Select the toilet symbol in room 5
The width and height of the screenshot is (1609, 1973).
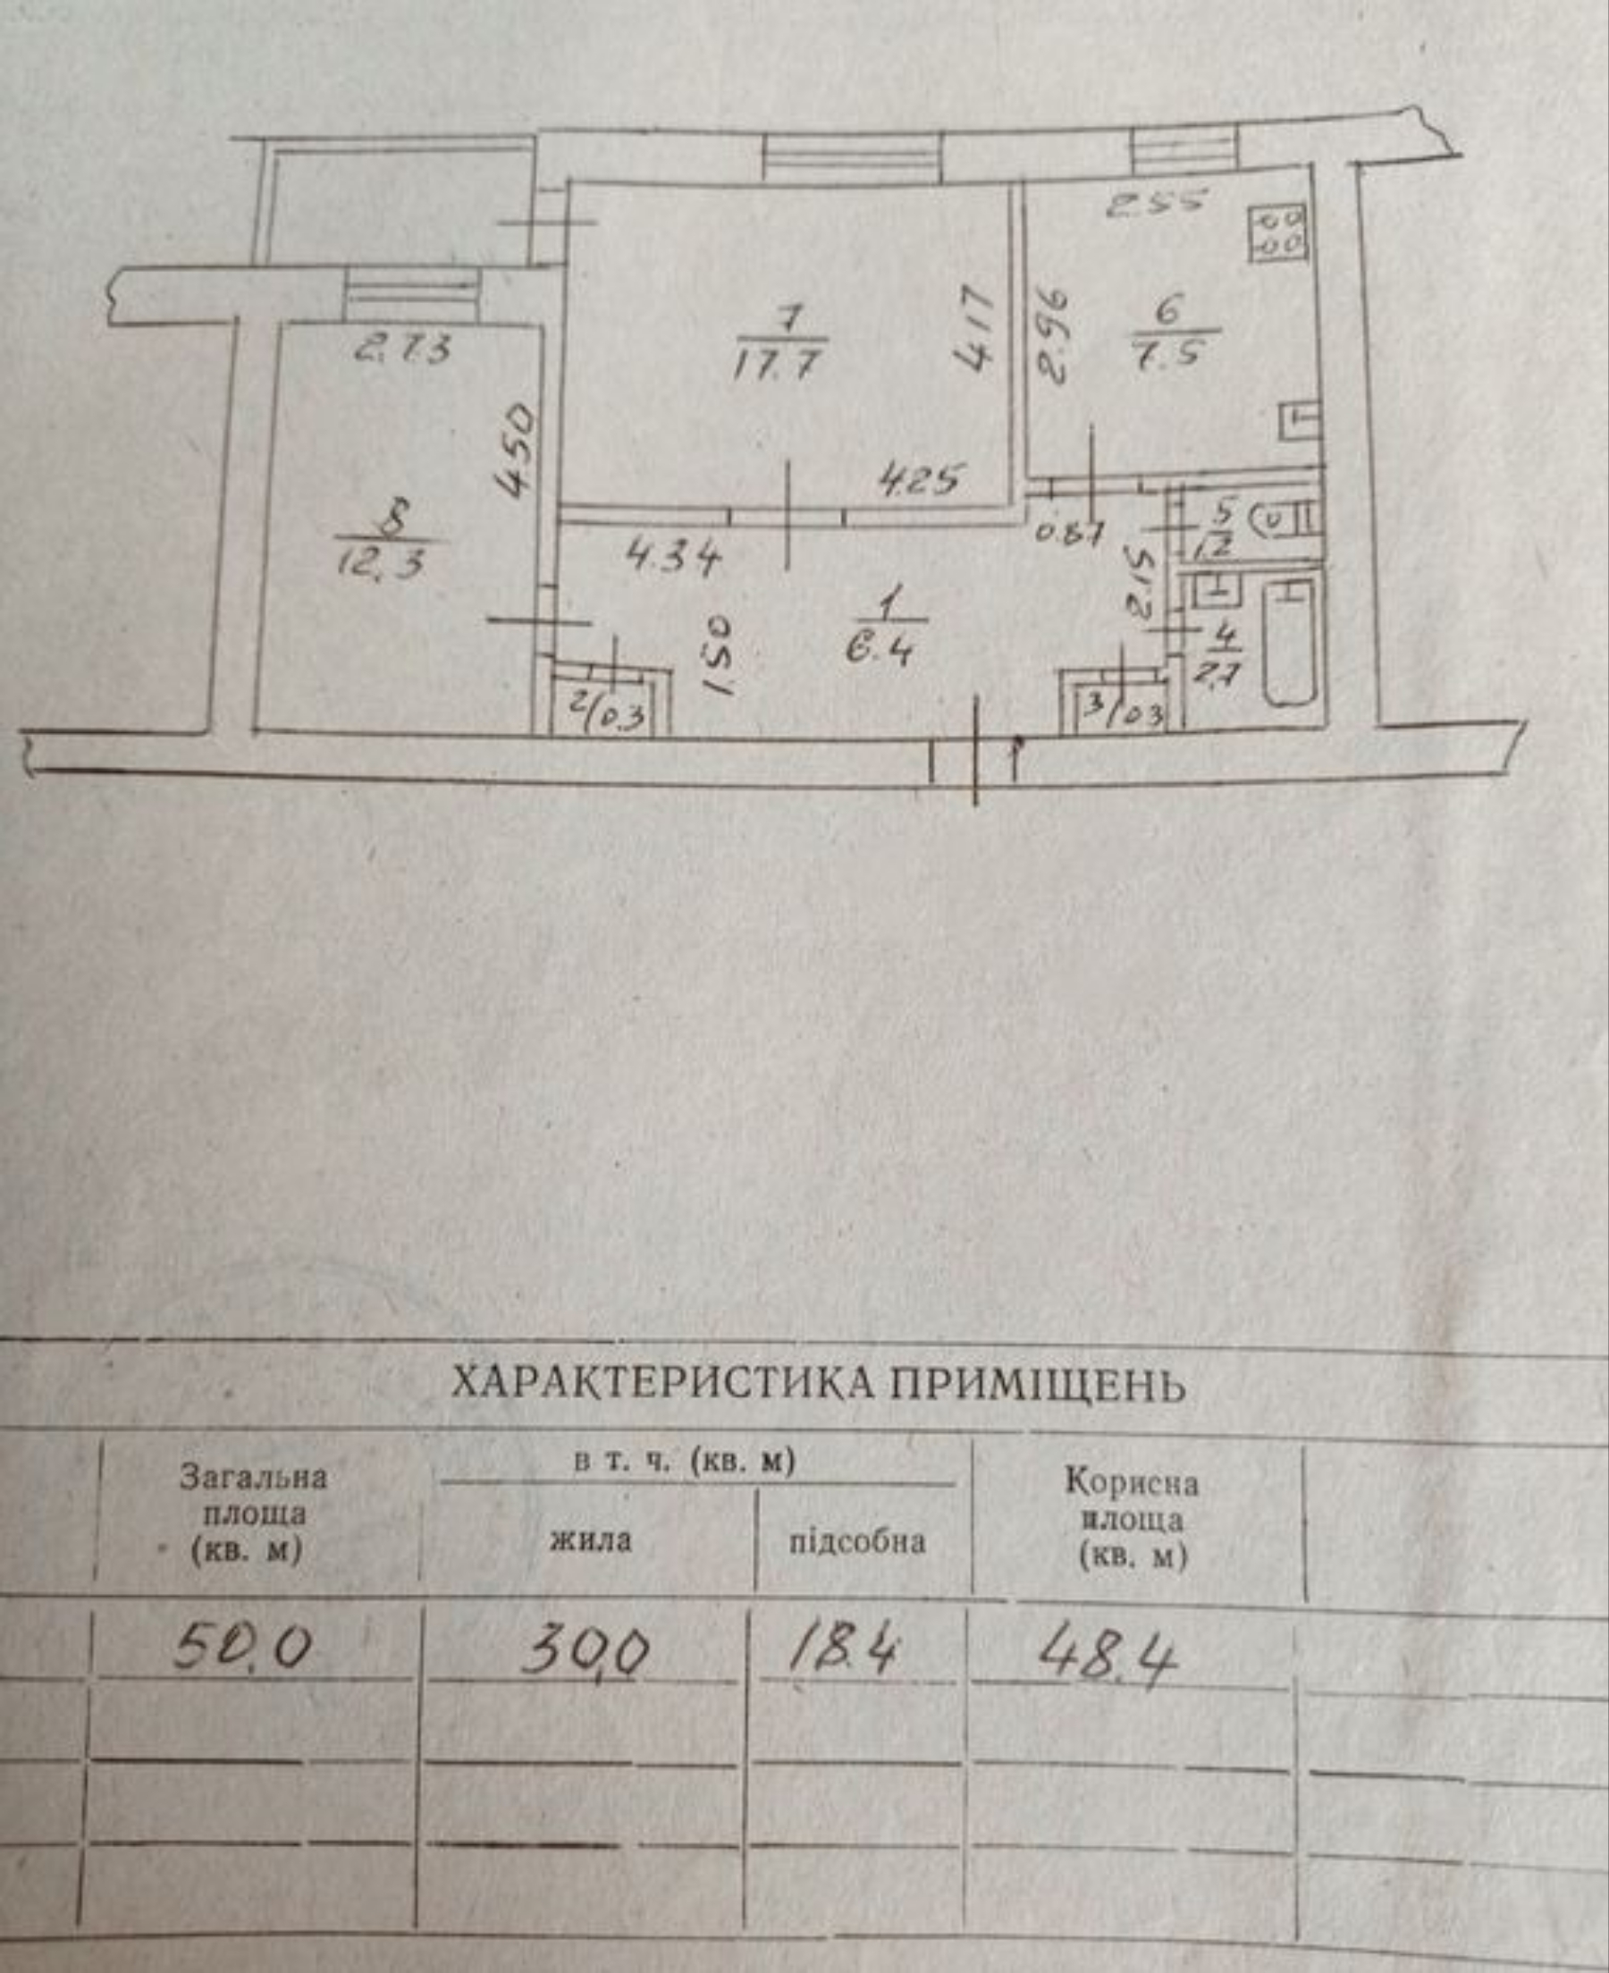click(x=1283, y=521)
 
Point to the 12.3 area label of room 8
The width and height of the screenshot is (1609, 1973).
click(x=383, y=561)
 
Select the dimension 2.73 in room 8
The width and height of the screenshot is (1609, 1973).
click(x=403, y=350)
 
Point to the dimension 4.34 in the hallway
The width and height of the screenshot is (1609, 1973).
click(x=673, y=560)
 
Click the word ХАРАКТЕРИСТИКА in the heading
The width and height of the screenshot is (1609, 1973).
click(x=660, y=1386)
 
